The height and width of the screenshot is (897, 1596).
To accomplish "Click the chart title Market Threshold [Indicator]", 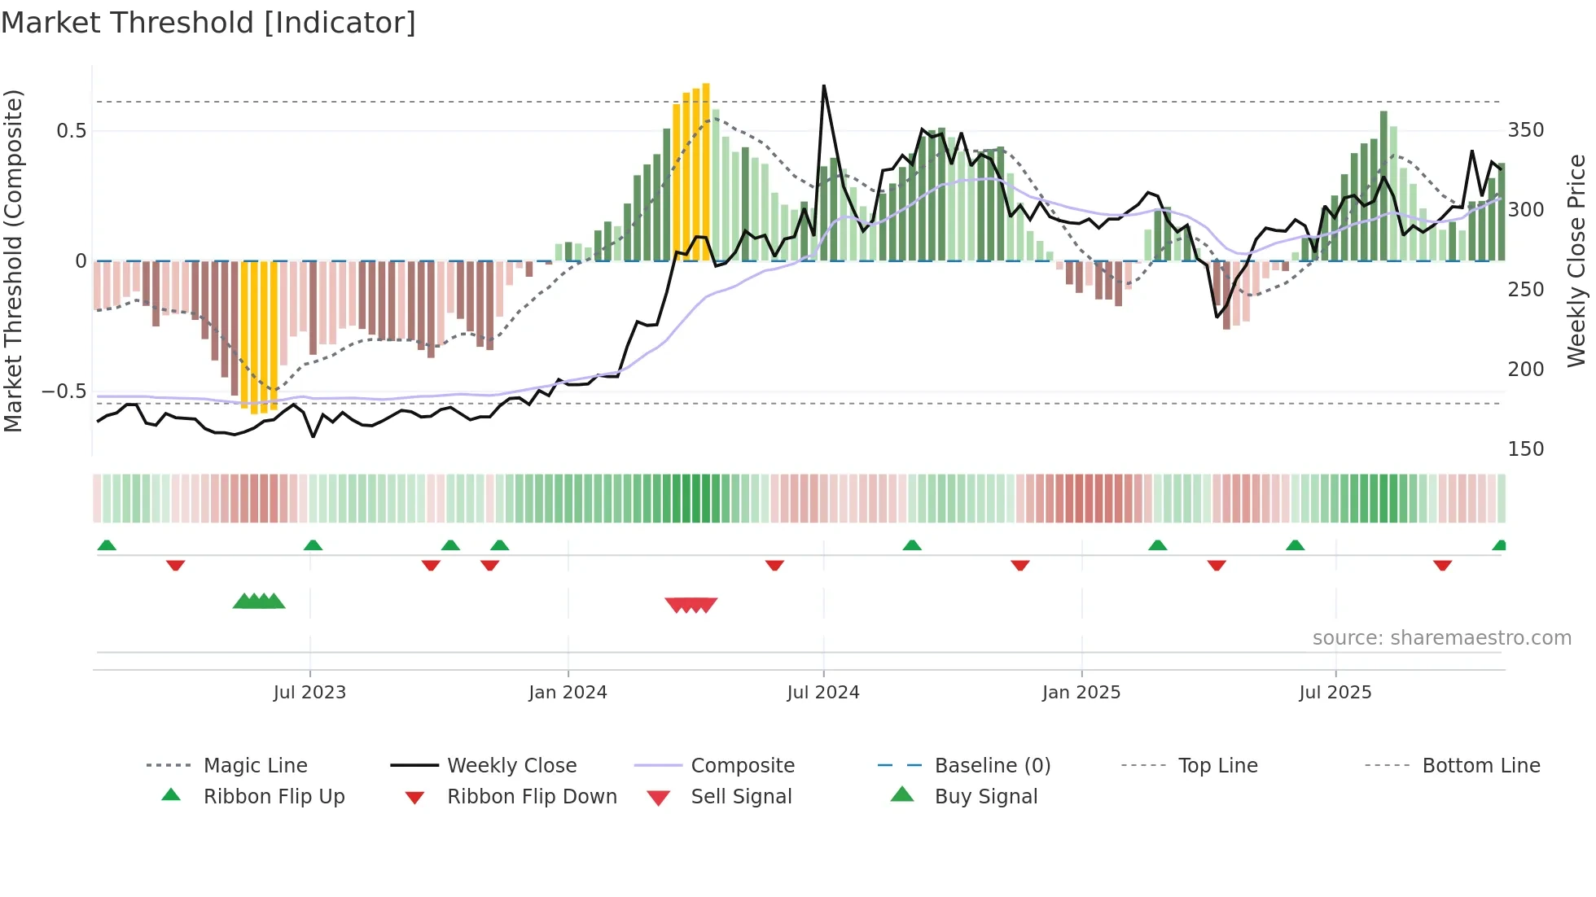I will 208,23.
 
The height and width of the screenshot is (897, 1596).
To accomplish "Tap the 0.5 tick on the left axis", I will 72,131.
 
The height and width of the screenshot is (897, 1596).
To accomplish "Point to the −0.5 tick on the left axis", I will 64,392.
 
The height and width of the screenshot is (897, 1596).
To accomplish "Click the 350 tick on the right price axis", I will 1525,130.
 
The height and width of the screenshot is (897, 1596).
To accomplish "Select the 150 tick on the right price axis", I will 1525,449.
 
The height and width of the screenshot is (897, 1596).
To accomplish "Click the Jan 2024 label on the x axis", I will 568,693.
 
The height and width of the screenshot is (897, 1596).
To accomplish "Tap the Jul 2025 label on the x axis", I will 1335,693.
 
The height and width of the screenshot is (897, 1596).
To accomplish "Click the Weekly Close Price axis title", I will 1576,260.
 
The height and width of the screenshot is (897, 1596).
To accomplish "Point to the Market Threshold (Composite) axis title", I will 13,260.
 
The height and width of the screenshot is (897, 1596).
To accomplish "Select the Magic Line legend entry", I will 255,766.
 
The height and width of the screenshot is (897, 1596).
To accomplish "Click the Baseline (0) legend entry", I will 992,766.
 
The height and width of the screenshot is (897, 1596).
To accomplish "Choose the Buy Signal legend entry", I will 985,797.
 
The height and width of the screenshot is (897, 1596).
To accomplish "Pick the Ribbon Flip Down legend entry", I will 531,797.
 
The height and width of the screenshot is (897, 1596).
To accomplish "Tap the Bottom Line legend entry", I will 1480,766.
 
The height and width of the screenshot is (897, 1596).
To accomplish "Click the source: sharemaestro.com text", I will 1441,638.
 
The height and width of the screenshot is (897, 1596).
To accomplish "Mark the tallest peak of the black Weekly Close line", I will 824,86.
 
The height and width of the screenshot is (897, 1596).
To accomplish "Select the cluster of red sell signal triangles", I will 691,605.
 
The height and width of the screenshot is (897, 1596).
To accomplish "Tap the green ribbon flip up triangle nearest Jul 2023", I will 313,545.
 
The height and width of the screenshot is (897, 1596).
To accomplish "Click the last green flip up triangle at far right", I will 1499,545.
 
